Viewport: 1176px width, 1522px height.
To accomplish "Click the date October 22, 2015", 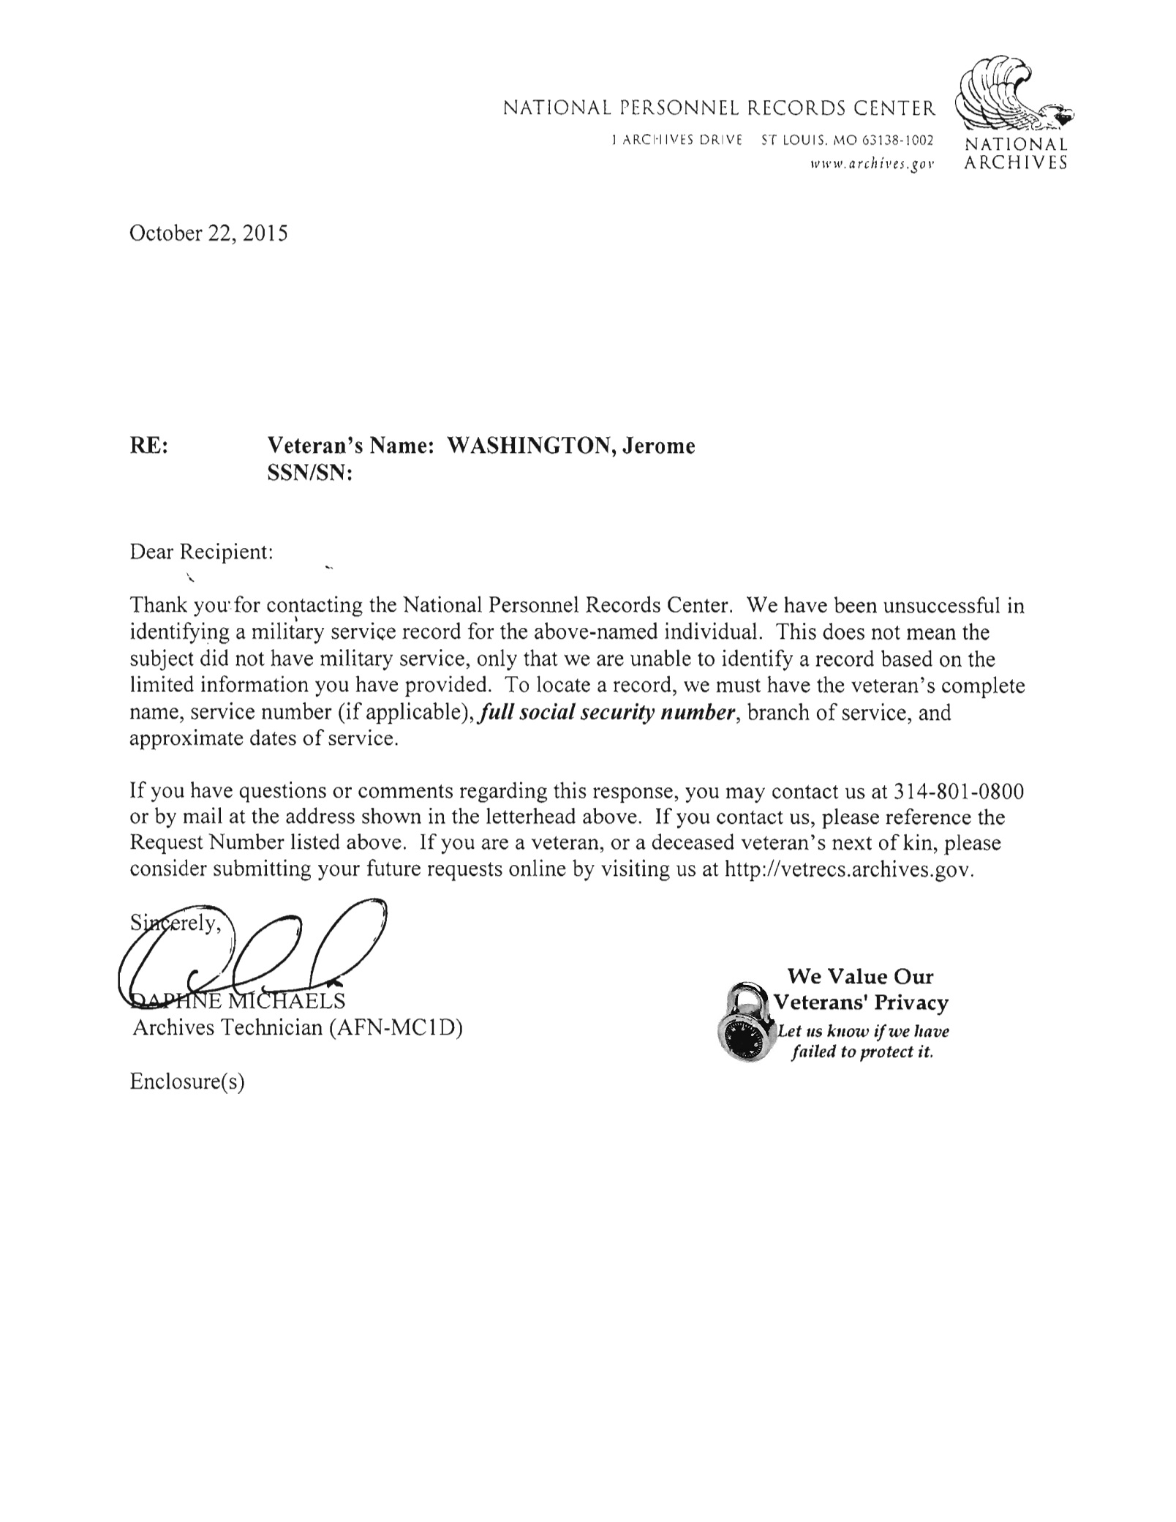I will click(208, 233).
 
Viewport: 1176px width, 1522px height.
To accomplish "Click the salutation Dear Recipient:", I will click(201, 552).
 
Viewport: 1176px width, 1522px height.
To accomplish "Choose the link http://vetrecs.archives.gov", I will click(848, 869).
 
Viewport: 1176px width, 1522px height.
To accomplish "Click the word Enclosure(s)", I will click(187, 1081).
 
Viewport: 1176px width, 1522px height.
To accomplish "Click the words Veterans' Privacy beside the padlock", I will click(861, 1003).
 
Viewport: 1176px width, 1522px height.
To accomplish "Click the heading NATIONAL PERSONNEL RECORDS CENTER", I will click(719, 110).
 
